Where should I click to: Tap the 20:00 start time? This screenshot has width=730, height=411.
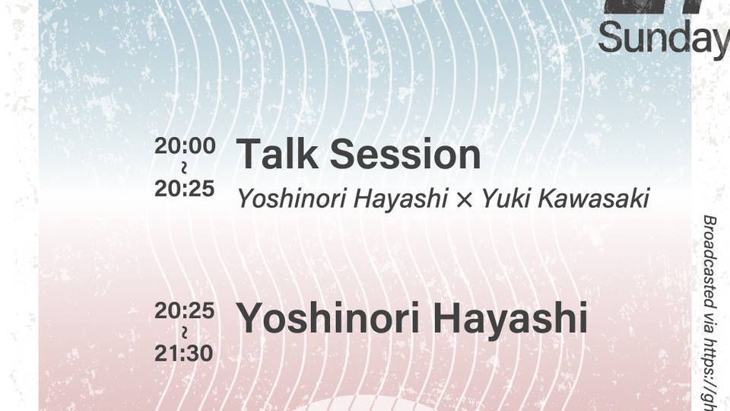click(185, 145)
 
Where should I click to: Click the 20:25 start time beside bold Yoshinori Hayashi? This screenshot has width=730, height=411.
click(185, 311)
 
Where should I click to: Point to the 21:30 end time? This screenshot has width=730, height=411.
click(185, 354)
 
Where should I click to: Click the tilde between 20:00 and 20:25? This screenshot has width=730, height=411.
click(185, 167)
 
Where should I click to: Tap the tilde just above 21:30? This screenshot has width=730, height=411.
click(185, 333)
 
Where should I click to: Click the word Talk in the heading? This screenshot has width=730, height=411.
click(278, 155)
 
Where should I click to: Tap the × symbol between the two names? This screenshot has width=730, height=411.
click(465, 200)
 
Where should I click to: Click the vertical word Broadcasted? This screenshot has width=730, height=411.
click(709, 263)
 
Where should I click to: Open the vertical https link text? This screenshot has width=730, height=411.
click(709, 377)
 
